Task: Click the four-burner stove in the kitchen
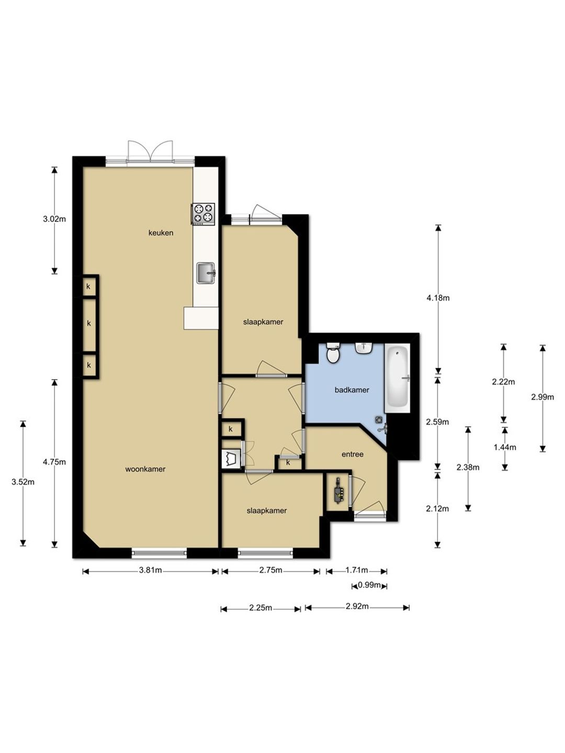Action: click(x=203, y=214)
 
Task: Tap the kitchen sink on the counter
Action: click(x=206, y=273)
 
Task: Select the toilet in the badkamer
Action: click(x=333, y=352)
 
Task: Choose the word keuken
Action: click(x=161, y=233)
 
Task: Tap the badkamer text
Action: click(x=352, y=390)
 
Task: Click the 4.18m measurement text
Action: click(x=438, y=298)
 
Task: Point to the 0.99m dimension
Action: click(x=369, y=585)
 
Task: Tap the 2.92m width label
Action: click(x=357, y=607)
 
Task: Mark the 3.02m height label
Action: click(x=54, y=219)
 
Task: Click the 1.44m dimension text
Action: click(x=505, y=447)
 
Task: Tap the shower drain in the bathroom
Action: click(x=379, y=419)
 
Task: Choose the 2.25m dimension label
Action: click(x=261, y=608)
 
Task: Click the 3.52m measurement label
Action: click(x=23, y=482)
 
